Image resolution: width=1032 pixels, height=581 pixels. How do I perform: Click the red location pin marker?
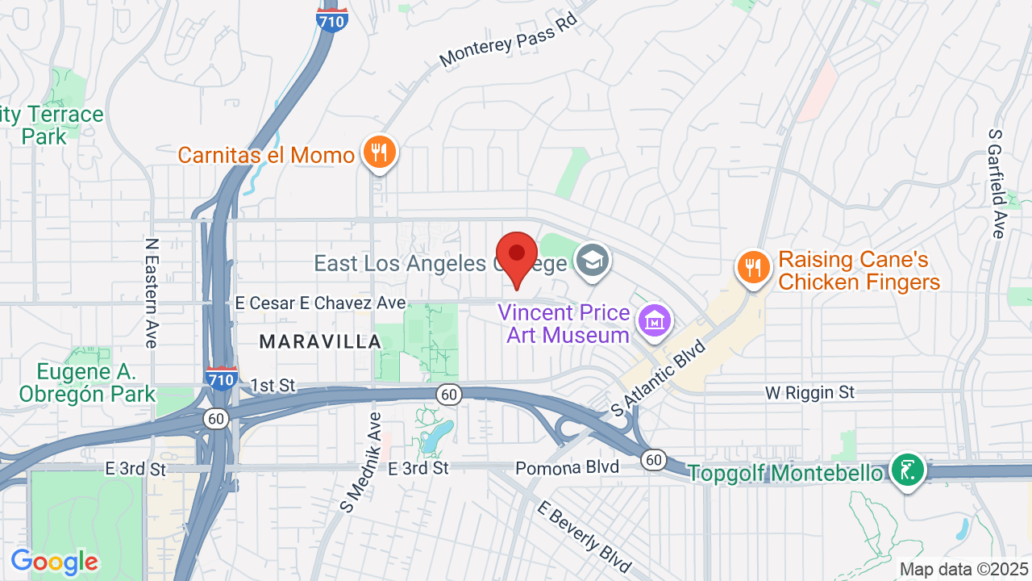pyautogui.click(x=516, y=255)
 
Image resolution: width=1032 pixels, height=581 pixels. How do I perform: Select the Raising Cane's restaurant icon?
pyautogui.click(x=753, y=267)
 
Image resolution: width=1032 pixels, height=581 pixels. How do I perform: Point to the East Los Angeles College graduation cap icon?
pyautogui.click(x=593, y=260)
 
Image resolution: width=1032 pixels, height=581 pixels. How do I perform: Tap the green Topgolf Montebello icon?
pyautogui.click(x=907, y=470)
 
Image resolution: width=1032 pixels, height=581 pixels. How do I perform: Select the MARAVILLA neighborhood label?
pyautogui.click(x=320, y=342)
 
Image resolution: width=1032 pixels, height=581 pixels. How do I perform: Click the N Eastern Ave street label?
pyautogui.click(x=151, y=292)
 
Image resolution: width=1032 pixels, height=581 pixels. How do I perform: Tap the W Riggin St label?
pyautogui.click(x=809, y=393)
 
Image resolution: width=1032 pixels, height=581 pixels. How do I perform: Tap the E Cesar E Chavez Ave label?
pyautogui.click(x=320, y=303)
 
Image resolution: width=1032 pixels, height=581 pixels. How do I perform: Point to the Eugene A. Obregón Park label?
pyautogui.click(x=86, y=382)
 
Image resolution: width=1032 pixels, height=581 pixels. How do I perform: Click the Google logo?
pyautogui.click(x=54, y=562)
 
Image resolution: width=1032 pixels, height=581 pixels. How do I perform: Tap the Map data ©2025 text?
pyautogui.click(x=964, y=569)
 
